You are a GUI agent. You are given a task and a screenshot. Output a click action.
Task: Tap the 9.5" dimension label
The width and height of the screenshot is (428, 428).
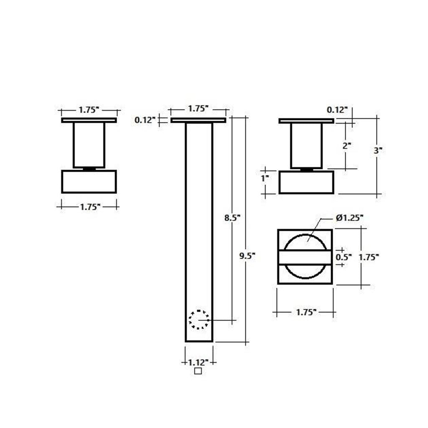(x=247, y=256)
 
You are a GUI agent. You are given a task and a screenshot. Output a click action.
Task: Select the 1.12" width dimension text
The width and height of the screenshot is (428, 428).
(x=199, y=362)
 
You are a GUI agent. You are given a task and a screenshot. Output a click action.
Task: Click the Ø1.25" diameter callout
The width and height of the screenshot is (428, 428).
(x=350, y=218)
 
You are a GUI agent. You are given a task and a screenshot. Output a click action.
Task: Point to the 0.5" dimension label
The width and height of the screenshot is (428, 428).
(x=344, y=257)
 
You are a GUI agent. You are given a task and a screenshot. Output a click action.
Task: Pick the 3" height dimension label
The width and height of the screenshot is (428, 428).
(x=378, y=150)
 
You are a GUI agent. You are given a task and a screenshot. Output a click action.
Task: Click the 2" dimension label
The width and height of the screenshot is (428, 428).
(x=347, y=146)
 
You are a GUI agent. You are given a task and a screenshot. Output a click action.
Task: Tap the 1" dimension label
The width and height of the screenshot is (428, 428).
(x=265, y=178)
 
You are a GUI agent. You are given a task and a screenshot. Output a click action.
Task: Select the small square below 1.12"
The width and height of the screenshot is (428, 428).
(x=198, y=371)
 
